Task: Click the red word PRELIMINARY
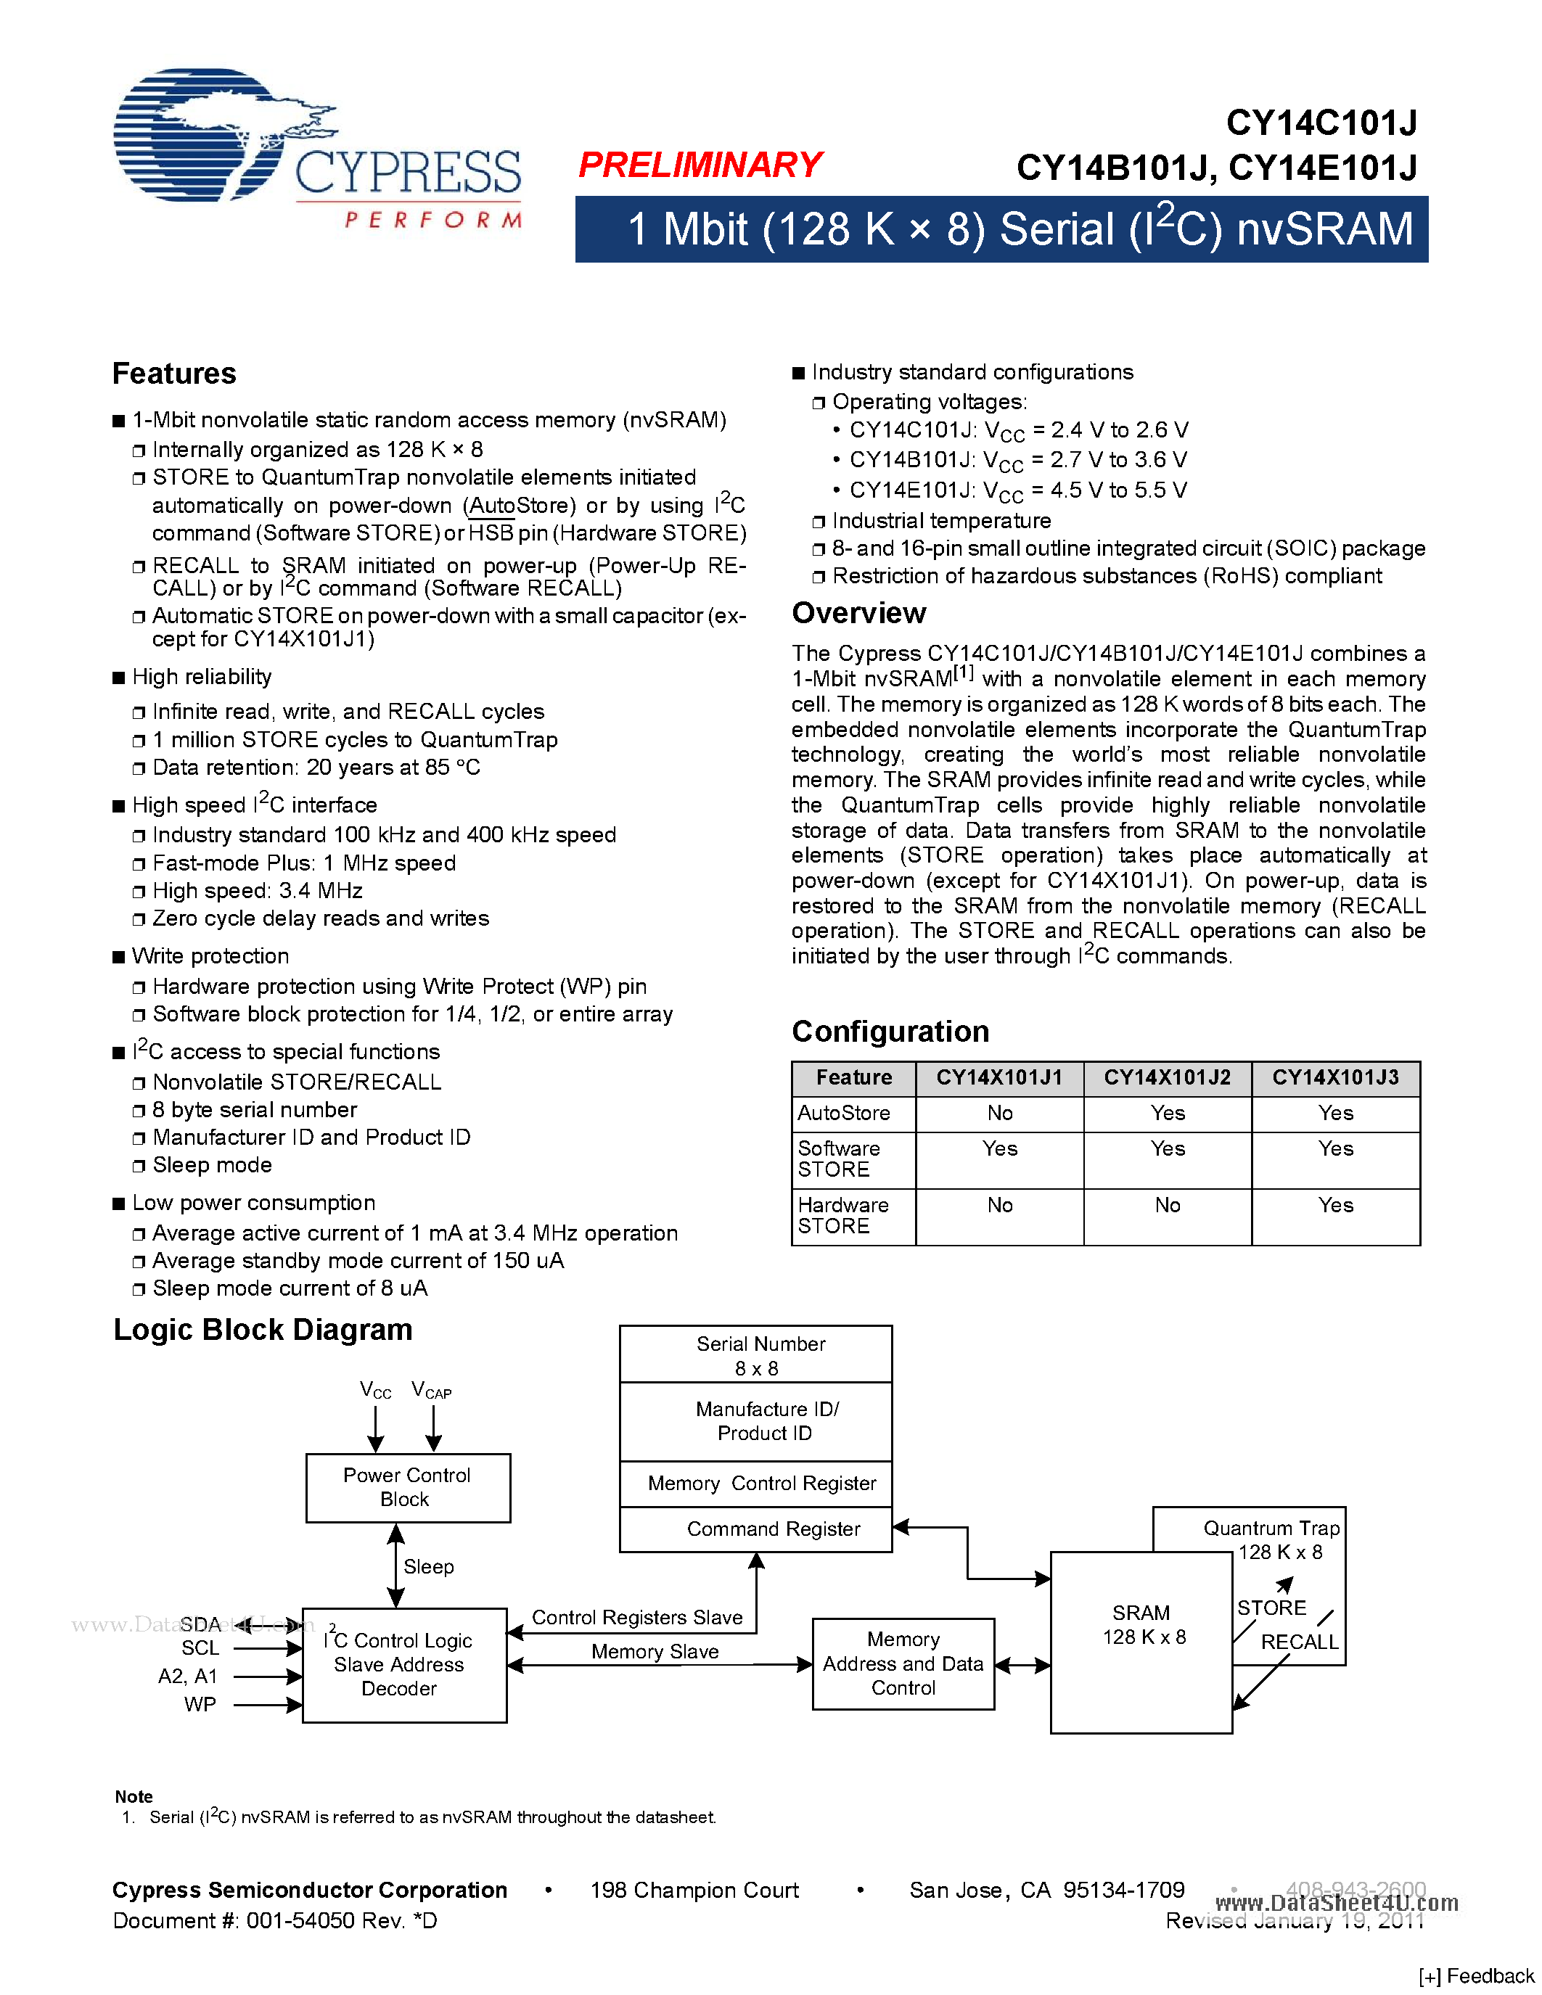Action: point(701,165)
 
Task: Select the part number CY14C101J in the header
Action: point(1320,123)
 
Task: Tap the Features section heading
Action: point(173,374)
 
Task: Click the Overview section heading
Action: point(858,613)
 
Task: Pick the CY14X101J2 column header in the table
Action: point(1167,1078)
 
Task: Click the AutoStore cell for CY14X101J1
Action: point(999,1113)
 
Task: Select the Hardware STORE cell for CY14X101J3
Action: point(1334,1206)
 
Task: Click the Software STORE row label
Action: point(839,1159)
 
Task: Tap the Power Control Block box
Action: point(407,1487)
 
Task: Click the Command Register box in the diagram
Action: point(773,1529)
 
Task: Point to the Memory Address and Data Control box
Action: point(903,1663)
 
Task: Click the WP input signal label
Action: point(200,1705)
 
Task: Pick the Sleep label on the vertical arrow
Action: point(428,1566)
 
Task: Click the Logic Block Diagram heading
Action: point(263,1330)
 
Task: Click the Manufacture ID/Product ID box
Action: point(766,1421)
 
